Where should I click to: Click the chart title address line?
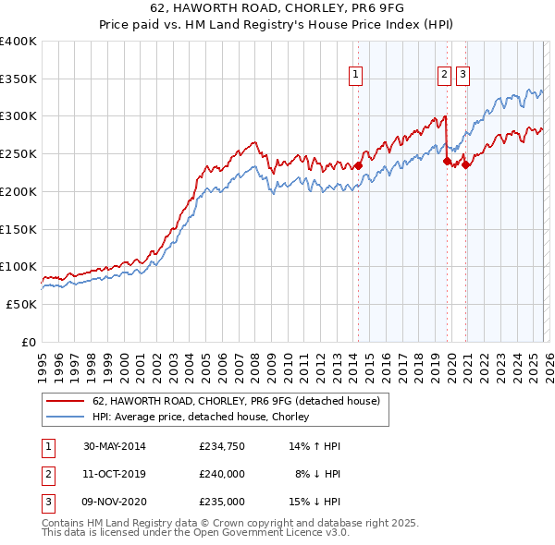(x=277, y=8)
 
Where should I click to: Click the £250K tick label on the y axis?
(x=18, y=153)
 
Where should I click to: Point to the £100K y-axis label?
(x=18, y=266)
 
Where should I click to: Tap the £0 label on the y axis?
(x=30, y=342)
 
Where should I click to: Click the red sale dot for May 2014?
(x=358, y=166)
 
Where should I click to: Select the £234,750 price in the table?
(x=222, y=446)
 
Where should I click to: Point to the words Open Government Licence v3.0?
(x=273, y=533)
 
